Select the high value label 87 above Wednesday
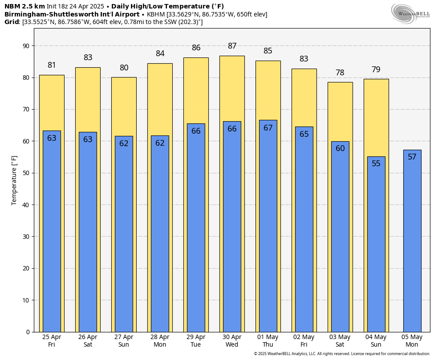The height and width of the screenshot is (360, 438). click(x=232, y=46)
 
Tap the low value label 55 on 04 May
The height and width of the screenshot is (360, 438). click(x=376, y=164)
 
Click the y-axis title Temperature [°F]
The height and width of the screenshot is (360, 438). click(x=14, y=180)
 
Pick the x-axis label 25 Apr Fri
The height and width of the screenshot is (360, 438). click(x=52, y=340)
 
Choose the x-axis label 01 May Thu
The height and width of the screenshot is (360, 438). click(x=268, y=340)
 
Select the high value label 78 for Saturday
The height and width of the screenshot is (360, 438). click(x=340, y=73)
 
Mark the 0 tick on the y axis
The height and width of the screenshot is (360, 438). click(x=27, y=332)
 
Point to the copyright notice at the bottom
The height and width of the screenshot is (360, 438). click(x=342, y=354)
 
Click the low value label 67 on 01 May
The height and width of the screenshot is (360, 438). click(x=268, y=128)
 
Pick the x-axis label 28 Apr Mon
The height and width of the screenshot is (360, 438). click(x=160, y=340)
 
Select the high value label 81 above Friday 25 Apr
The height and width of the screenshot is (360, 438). click(x=52, y=65)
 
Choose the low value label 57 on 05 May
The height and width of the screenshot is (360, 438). click(x=412, y=157)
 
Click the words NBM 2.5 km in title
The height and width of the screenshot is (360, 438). click(x=24, y=6)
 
